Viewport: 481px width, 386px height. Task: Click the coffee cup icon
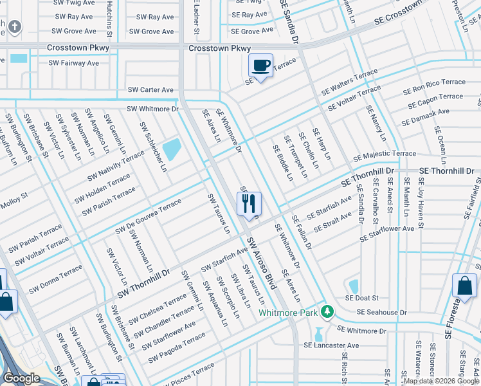260,66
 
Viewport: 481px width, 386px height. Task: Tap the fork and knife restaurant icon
248,204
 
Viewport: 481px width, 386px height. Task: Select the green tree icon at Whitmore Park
327,312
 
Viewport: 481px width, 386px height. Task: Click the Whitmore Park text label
289,313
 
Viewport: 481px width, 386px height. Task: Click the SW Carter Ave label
151,90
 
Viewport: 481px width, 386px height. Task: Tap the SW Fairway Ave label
75,63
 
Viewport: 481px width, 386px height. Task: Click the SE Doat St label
362,298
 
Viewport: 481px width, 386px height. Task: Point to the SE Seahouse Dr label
376,312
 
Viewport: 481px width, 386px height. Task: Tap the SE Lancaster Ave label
331,345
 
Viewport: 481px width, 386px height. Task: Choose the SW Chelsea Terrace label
157,310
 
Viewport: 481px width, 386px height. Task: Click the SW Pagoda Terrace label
177,345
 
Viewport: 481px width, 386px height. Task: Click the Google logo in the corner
21,378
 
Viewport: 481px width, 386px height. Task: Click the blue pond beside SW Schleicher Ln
172,150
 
